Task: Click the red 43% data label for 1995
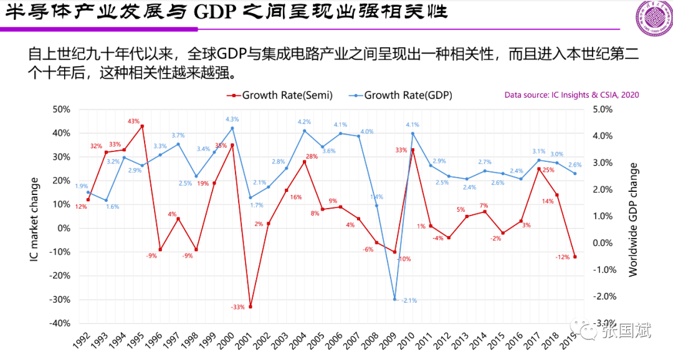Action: tap(133, 121)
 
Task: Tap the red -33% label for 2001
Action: tap(237, 307)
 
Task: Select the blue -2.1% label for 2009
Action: tap(409, 300)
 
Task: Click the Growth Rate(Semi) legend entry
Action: tap(281, 95)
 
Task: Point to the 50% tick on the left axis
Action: tap(61, 110)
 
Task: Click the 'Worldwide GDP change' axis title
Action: tap(633, 219)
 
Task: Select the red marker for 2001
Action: tap(251, 306)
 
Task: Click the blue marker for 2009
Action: tap(394, 299)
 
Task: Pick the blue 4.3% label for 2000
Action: tap(232, 119)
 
